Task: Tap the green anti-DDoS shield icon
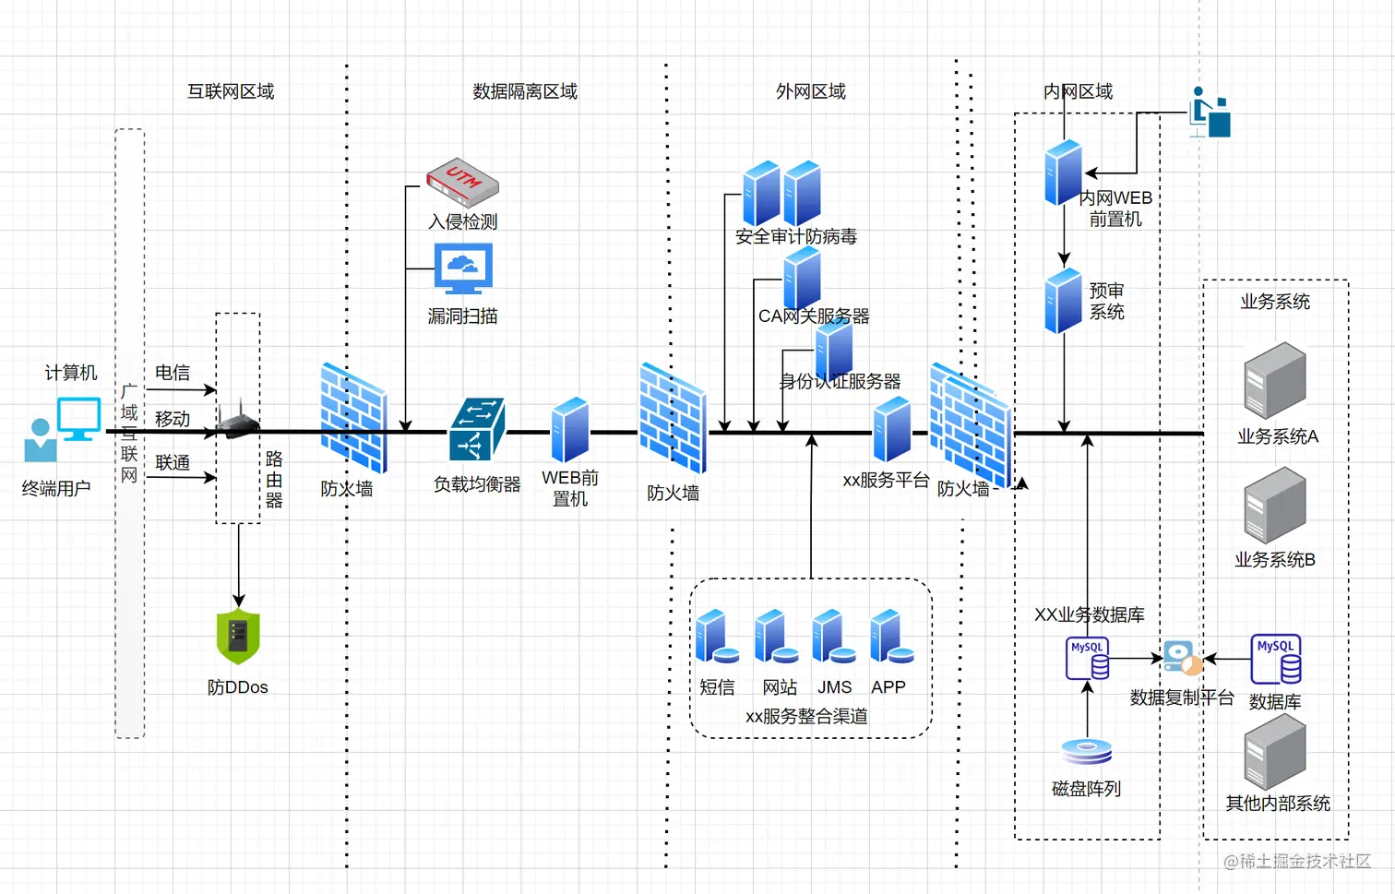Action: pos(238,637)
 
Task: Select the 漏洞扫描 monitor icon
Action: pos(463,268)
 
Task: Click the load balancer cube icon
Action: pos(477,429)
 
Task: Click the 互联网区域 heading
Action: pos(231,91)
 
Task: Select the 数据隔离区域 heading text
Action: pos(525,91)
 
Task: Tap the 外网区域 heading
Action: pos(810,91)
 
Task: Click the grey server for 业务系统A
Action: pos(1275,380)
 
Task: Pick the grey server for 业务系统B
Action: pos(1275,505)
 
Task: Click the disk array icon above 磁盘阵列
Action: pos(1087,751)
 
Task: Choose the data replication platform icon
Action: pos(1182,658)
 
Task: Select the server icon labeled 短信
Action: pos(717,637)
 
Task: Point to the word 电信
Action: pos(173,373)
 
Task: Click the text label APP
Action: pos(888,687)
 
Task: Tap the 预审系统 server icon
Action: pos(1063,301)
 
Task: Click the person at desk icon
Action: pos(1210,113)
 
